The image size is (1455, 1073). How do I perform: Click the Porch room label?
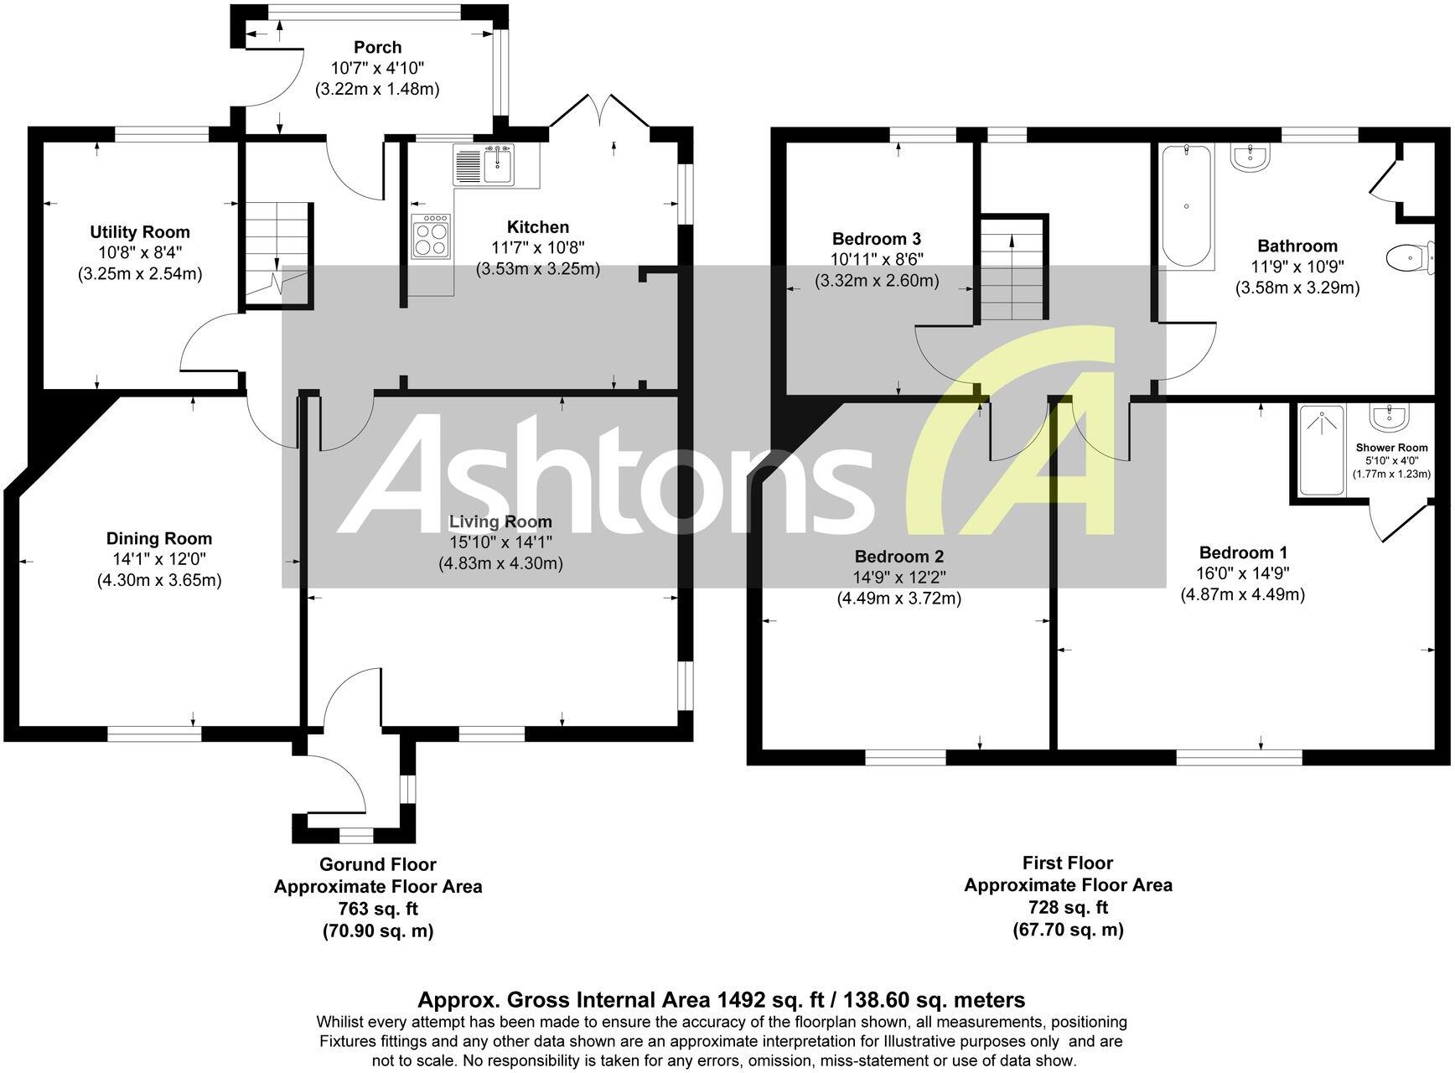pyautogui.click(x=377, y=48)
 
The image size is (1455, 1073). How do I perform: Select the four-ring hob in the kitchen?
pyautogui.click(x=431, y=235)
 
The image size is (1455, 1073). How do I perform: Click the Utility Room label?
pyautogui.click(x=140, y=232)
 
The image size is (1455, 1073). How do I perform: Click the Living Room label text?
pyautogui.click(x=500, y=522)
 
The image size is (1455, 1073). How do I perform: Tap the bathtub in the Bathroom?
pyautogui.click(x=1185, y=205)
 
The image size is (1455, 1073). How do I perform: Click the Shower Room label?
pyautogui.click(x=1391, y=448)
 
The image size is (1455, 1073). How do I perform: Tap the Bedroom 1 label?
pyautogui.click(x=1243, y=553)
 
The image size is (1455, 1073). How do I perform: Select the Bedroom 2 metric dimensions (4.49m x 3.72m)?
pyautogui.click(x=898, y=599)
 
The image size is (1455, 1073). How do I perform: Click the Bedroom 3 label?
pyautogui.click(x=877, y=239)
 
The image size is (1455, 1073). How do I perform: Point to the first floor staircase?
pyautogui.click(x=1014, y=268)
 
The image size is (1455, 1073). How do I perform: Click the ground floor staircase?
pyautogui.click(x=277, y=251)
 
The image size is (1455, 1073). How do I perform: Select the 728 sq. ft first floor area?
pyautogui.click(x=1068, y=907)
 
